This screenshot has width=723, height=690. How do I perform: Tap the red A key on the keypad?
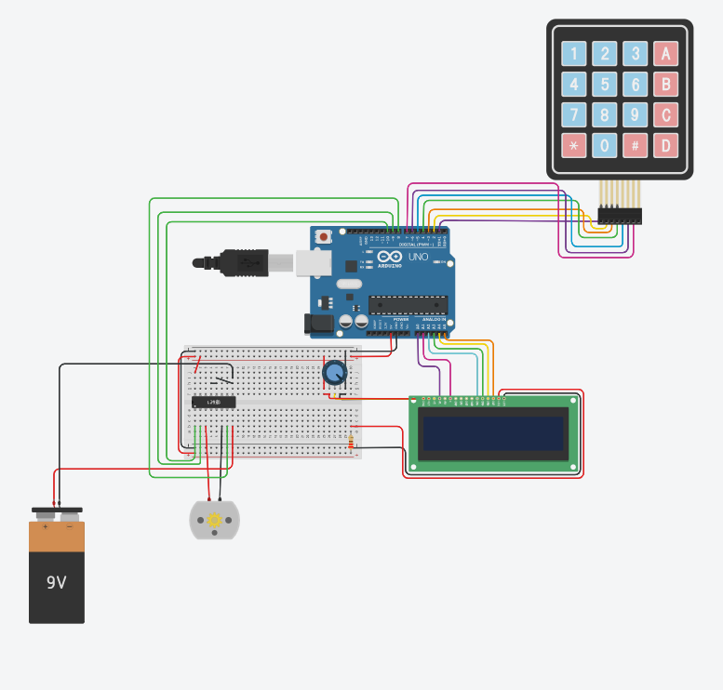[x=664, y=54]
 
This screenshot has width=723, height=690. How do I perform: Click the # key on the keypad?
[x=635, y=145]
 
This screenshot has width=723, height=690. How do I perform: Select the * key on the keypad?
[x=574, y=145]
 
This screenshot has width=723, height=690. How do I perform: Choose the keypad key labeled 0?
[x=605, y=145]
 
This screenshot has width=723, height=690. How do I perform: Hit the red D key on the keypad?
[x=664, y=145]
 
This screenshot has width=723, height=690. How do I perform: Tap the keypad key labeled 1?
[x=574, y=54]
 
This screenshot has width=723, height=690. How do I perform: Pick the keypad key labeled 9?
[x=635, y=115]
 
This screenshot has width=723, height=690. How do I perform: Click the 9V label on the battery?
[x=57, y=583]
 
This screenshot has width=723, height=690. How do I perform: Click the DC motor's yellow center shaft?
[x=215, y=520]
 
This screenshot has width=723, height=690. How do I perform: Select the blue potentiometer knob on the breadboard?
[x=334, y=374]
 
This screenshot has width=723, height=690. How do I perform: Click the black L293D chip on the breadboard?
[x=213, y=402]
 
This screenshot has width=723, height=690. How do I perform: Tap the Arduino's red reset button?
[x=323, y=237]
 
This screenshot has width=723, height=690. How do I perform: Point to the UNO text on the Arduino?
[x=418, y=257]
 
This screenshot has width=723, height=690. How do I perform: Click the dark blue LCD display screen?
[x=492, y=432]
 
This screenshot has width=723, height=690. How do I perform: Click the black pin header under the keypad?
[x=620, y=216]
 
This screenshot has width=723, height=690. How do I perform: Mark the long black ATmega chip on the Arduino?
[x=408, y=303]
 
